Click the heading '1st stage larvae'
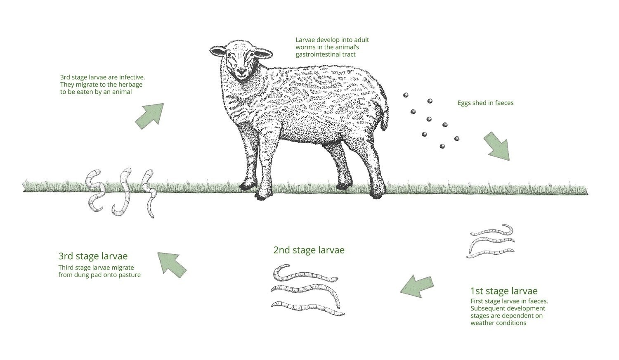pyautogui.click(x=504, y=291)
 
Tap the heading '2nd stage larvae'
pyautogui.click(x=309, y=250)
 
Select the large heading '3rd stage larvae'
pyautogui.click(x=93, y=256)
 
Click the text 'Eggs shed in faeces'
pyautogui.click(x=485, y=103)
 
